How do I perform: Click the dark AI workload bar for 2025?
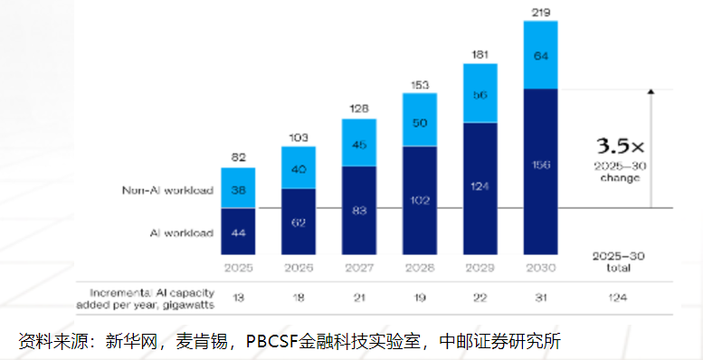[238, 232]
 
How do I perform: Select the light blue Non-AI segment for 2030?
[540, 55]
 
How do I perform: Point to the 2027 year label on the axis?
[359, 267]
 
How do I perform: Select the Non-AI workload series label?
[167, 191]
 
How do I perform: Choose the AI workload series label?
[181, 233]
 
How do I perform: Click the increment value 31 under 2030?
[540, 295]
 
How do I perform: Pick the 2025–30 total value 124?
[619, 295]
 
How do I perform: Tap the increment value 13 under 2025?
[238, 295]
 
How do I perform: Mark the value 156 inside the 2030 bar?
[540, 166]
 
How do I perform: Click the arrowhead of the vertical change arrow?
[650, 91]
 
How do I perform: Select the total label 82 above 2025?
[238, 157]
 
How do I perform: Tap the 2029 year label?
[480, 267]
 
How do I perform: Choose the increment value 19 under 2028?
[420, 295]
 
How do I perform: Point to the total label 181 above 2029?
[480, 54]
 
